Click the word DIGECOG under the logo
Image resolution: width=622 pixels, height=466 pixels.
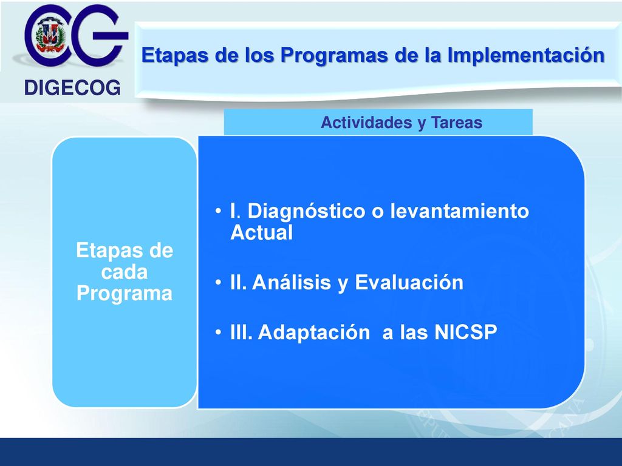tap(72, 87)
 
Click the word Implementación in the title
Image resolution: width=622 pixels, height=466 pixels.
tap(526, 55)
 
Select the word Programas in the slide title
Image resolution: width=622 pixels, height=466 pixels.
tap(334, 55)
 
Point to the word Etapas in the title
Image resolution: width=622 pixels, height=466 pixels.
tap(175, 55)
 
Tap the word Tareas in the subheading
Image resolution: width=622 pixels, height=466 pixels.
tap(457, 123)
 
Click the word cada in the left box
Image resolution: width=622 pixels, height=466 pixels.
tap(124, 272)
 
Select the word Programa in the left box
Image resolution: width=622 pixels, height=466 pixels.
tap(124, 294)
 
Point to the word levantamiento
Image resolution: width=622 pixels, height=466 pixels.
tap(459, 211)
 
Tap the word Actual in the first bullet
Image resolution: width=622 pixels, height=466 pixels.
tap(261, 232)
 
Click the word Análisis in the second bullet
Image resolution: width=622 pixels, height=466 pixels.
tap(292, 283)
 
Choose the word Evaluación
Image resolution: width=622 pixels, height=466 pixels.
tap(409, 283)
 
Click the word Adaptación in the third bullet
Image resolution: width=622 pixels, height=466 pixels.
tap(314, 333)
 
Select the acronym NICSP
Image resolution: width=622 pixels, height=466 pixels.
tap(466, 332)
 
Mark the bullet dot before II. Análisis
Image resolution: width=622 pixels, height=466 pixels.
tap(218, 283)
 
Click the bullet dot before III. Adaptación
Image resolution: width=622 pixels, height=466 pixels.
tap(218, 332)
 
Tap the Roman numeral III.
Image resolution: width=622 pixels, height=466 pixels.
tap(241, 332)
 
